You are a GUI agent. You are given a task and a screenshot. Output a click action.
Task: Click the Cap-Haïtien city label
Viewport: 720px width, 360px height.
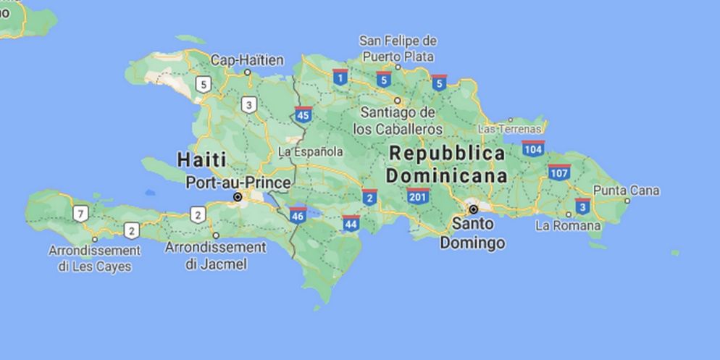[x=247, y=60]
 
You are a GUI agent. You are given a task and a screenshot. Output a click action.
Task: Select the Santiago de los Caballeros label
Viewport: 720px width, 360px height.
[x=398, y=120]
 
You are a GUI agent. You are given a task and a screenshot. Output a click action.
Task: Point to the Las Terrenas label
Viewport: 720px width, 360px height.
[x=510, y=128]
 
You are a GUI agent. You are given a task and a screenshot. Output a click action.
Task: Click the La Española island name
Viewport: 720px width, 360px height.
[x=311, y=152]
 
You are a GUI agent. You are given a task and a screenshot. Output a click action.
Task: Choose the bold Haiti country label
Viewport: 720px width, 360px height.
[x=201, y=159]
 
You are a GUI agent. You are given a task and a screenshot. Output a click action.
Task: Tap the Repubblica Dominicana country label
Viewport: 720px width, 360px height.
[x=446, y=164]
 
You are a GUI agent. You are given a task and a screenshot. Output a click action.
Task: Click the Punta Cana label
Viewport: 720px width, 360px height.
[x=627, y=191]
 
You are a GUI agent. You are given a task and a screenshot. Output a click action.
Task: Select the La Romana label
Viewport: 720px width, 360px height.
[x=568, y=225]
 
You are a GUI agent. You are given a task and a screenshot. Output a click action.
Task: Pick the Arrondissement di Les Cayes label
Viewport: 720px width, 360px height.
[x=94, y=258]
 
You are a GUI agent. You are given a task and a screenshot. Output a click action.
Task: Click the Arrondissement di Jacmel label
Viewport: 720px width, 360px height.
[x=216, y=255]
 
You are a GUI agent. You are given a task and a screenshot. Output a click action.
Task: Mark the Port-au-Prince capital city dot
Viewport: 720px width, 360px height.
[x=237, y=197]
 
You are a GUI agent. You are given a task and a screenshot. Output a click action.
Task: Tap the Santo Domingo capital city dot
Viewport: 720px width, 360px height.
[x=473, y=209]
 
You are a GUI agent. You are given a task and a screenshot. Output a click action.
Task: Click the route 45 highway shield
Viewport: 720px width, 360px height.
[x=304, y=114]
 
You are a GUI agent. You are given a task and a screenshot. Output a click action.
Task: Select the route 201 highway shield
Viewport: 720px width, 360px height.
[x=418, y=196]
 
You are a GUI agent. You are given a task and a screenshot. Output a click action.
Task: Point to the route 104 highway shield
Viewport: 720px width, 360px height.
[x=533, y=148]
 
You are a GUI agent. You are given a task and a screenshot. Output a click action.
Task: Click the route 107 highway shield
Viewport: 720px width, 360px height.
[x=558, y=172]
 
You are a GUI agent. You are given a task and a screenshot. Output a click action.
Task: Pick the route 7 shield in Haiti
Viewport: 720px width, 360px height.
[x=80, y=213]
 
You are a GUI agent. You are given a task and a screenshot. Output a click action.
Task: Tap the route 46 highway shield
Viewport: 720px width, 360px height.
[x=297, y=214]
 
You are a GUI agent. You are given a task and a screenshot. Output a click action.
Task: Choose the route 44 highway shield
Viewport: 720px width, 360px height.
[x=351, y=223]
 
